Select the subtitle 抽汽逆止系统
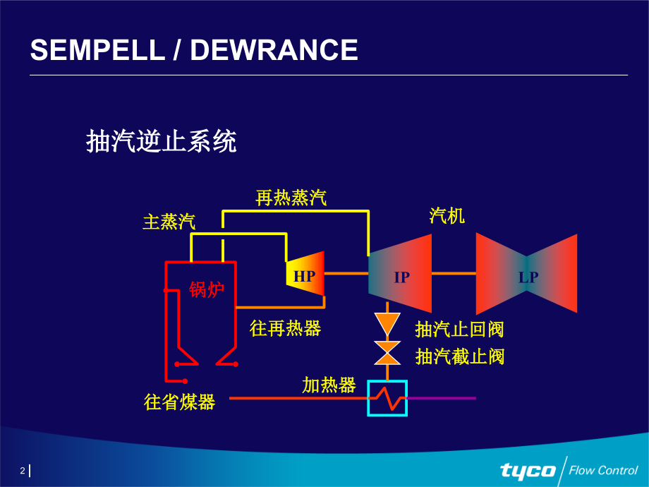pos(161,141)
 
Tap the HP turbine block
pos(305,276)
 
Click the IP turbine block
pos(401,276)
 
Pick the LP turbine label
pos(528,277)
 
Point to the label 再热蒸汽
pos(291,198)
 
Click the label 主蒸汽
pos(169,222)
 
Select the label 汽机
pos(447,215)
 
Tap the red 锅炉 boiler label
pos(206,289)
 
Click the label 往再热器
pos(285,328)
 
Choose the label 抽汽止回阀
pos(459,329)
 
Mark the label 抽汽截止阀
pos(459,356)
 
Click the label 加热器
pos(329,385)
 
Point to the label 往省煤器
pos(179,402)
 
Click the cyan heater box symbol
pos(387,398)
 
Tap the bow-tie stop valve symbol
pos(387,353)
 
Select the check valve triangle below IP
pos(387,323)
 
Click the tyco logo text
pos(528,469)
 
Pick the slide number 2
pos(23,471)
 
